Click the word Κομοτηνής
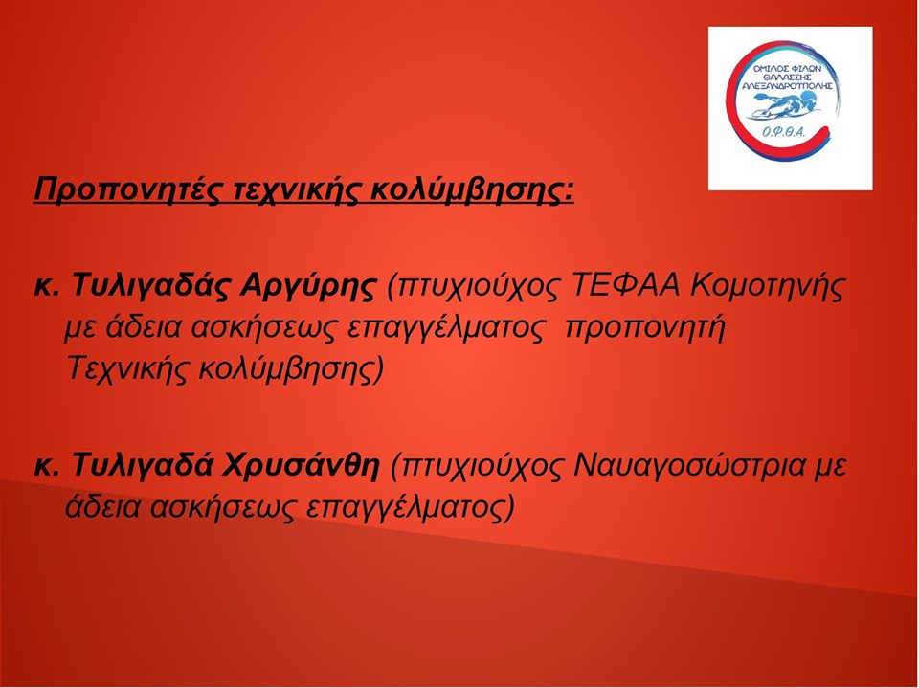pyautogui.click(x=769, y=286)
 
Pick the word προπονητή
pyautogui.click(x=644, y=329)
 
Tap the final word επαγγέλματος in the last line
pyautogui.click(x=411, y=508)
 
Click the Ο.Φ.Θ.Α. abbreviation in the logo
pyautogui.click(x=784, y=133)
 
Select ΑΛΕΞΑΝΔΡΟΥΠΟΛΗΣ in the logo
pyautogui.click(x=787, y=85)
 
